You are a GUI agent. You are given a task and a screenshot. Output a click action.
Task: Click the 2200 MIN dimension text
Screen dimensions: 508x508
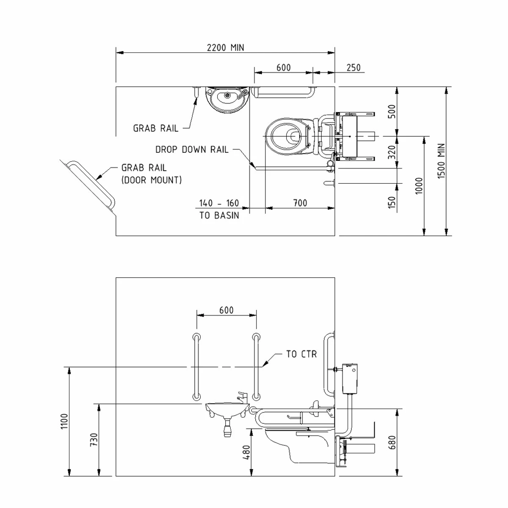pyautogui.click(x=225, y=47)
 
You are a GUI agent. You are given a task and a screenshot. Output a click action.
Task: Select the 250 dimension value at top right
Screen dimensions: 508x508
pyautogui.click(x=353, y=68)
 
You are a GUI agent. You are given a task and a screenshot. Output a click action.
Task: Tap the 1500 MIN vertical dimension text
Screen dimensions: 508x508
pyautogui.click(x=442, y=161)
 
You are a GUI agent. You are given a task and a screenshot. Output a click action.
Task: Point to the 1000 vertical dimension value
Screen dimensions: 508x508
pyautogui.click(x=419, y=185)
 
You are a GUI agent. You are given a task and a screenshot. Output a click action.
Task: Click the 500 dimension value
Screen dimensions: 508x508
pyautogui.click(x=392, y=111)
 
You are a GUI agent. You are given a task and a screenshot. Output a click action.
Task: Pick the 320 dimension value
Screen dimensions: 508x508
pyautogui.click(x=392, y=152)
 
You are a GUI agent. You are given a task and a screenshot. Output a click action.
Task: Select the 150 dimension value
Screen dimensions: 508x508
pyautogui.click(x=392, y=202)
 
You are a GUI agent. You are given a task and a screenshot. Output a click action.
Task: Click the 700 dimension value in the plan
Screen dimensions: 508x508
pyautogui.click(x=300, y=203)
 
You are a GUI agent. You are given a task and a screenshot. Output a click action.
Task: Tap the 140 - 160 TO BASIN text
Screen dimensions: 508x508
pyautogui.click(x=219, y=209)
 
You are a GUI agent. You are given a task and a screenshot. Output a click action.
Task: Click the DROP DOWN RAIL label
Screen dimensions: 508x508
pyautogui.click(x=192, y=149)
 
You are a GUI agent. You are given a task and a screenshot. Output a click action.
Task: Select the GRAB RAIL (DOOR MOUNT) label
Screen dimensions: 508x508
pyautogui.click(x=152, y=174)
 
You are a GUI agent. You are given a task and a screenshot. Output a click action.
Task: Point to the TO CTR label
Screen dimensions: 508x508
pyautogui.click(x=301, y=354)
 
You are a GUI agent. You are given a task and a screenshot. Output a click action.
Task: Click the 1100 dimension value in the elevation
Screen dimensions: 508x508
pyautogui.click(x=64, y=422)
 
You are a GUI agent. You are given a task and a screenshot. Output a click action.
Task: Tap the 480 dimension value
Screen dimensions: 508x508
pyautogui.click(x=246, y=452)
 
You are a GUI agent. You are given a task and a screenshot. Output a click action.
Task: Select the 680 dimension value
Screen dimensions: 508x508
pyautogui.click(x=392, y=443)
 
